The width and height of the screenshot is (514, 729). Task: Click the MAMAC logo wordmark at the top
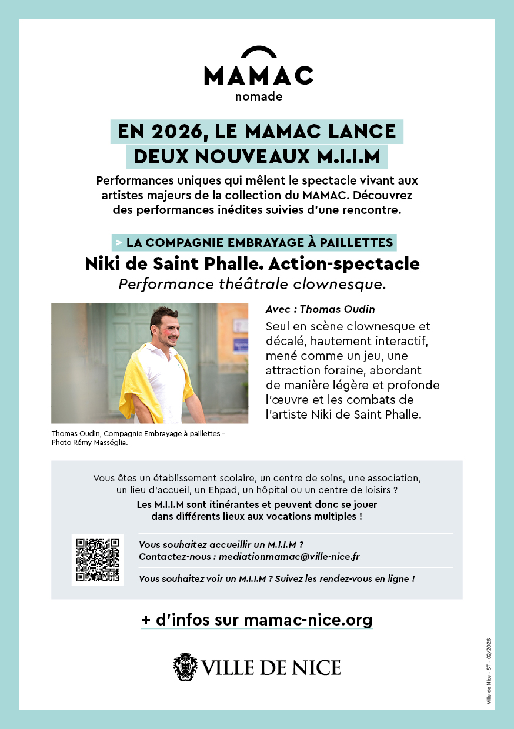(258, 75)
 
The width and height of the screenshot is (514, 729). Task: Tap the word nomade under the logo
(258, 96)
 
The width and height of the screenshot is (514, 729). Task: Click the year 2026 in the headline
(171, 131)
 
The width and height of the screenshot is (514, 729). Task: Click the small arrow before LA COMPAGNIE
(119, 242)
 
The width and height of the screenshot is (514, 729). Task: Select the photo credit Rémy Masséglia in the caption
(100, 443)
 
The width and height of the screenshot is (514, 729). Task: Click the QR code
(98, 559)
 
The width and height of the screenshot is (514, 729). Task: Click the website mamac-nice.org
(308, 620)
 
